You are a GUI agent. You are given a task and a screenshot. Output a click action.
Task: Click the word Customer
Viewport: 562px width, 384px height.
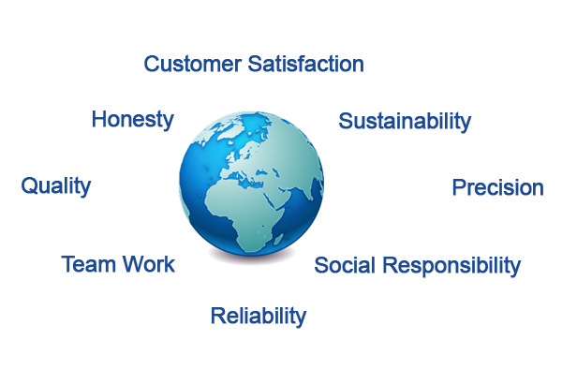coord(192,64)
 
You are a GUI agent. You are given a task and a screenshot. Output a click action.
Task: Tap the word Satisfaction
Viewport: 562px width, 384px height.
coord(305,64)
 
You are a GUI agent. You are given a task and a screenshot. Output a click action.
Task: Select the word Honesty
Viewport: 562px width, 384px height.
coord(133,120)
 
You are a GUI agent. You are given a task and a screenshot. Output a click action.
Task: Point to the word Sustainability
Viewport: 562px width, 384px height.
coord(405,122)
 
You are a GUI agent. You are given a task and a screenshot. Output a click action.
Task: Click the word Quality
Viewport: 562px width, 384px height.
coord(56,186)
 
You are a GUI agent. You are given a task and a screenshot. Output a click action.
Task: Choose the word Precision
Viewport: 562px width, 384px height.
coord(498,187)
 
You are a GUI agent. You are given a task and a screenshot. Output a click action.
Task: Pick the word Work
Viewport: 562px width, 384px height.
coord(149,264)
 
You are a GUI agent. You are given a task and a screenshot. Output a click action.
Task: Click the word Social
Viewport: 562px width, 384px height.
coord(345,265)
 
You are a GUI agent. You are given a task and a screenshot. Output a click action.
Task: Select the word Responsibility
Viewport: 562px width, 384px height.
coord(451,266)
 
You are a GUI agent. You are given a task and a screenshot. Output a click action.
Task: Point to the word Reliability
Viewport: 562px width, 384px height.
coord(259,317)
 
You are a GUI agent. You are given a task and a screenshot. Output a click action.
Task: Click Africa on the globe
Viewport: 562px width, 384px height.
coord(244,215)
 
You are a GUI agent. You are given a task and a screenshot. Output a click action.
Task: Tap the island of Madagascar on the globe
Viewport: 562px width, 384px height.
coord(278,239)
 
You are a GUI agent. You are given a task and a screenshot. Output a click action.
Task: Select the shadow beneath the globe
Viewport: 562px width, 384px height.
coord(252,256)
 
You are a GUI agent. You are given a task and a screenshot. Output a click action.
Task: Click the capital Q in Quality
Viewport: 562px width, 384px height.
coord(29,185)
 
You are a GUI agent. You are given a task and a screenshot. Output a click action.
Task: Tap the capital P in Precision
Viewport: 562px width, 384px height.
coord(460,187)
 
